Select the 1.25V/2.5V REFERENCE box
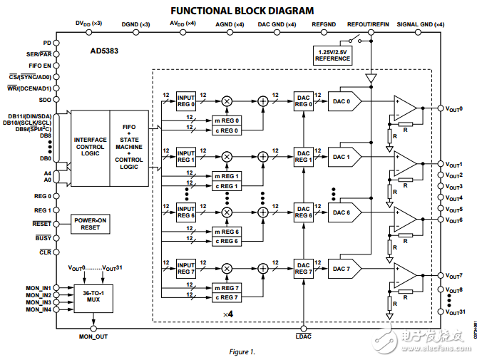point(333,54)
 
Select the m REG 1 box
point(227,175)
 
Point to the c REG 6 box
point(227,241)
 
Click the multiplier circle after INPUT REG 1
point(227,156)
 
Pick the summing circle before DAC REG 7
point(263,267)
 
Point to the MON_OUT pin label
point(93,336)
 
